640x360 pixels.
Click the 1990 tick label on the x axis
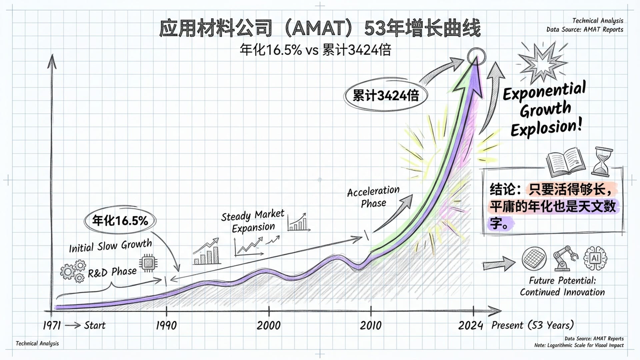pos(166,325)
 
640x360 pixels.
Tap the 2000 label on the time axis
pos(268,325)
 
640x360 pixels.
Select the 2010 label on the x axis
pos(371,325)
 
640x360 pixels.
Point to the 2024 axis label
pos(470,325)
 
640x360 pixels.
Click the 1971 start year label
pos(52,325)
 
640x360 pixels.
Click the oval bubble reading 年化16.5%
pos(120,220)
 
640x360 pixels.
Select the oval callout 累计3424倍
pos(385,96)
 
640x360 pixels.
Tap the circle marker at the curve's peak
pos(476,56)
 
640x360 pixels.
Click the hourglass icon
pos(602,162)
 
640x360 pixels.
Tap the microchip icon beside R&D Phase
pos(148,263)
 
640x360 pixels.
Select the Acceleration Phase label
pos(373,197)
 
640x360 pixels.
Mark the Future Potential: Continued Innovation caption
pos(562,286)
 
